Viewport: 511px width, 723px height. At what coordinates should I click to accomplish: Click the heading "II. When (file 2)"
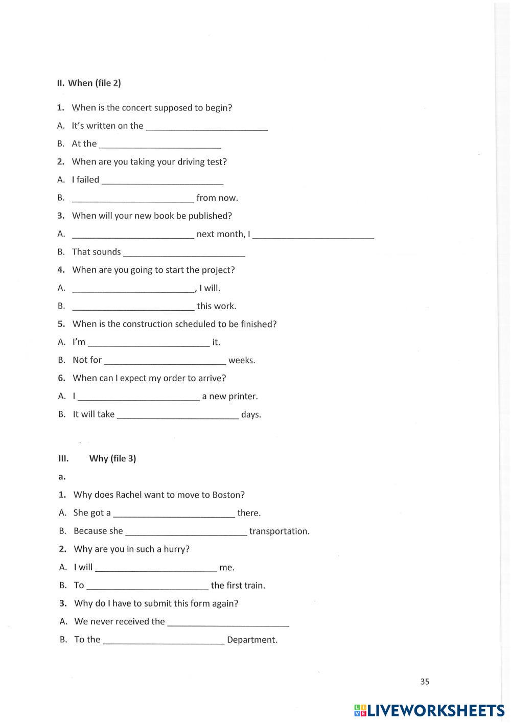(89, 83)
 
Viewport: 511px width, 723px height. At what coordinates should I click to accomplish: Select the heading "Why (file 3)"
(112, 458)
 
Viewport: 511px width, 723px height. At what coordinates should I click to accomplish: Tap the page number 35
(425, 681)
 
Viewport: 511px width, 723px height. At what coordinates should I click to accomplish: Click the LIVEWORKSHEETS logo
(429, 710)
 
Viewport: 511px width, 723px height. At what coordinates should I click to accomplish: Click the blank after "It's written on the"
(207, 126)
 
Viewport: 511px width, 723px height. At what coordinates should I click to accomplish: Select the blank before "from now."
(133, 198)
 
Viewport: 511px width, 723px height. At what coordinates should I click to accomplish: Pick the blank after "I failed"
(162, 180)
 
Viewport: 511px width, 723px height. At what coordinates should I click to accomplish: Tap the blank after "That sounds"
(184, 252)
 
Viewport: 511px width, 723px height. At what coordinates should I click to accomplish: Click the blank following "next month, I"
(313, 235)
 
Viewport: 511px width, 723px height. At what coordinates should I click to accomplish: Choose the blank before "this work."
(133, 307)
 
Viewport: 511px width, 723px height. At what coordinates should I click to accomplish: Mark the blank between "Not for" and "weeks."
(165, 361)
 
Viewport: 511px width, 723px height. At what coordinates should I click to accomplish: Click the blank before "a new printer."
(138, 397)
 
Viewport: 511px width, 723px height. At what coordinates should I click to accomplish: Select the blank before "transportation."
(186, 532)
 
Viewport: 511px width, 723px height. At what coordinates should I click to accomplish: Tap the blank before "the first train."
(147, 586)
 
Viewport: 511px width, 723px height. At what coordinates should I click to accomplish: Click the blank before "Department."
(164, 640)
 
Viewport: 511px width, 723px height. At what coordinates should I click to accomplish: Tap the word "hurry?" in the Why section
(176, 549)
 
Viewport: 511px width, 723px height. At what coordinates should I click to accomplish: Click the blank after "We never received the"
(228, 622)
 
